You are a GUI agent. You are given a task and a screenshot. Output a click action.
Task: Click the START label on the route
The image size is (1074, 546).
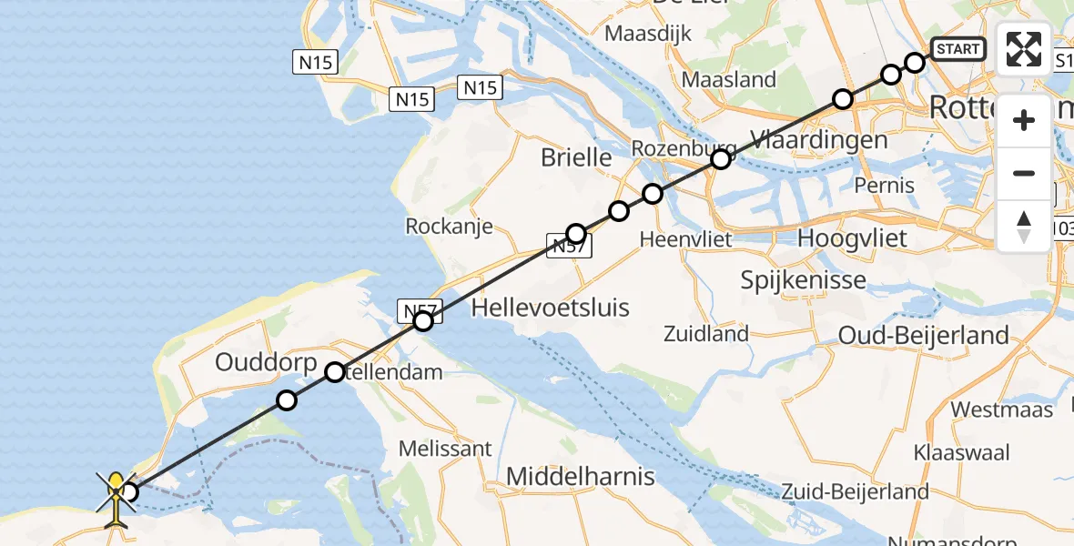pyautogui.click(x=958, y=49)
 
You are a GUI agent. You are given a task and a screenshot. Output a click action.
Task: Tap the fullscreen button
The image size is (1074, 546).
pyautogui.click(x=1024, y=49)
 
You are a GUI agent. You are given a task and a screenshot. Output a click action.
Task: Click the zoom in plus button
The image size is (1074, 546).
pyautogui.click(x=1024, y=120)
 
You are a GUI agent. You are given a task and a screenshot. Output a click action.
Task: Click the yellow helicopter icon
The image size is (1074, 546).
pyautogui.click(x=116, y=495)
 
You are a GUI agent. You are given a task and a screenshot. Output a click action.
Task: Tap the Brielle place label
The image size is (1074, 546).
pyautogui.click(x=576, y=157)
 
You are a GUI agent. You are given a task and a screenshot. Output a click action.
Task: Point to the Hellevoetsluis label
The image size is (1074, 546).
pyautogui.click(x=551, y=308)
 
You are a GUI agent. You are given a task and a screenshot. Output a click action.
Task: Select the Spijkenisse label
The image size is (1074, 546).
pyautogui.click(x=803, y=279)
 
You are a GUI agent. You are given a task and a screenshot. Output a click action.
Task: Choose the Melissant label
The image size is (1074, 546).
pyautogui.click(x=446, y=448)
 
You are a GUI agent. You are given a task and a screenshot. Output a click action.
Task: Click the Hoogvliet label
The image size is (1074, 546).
pyautogui.click(x=852, y=238)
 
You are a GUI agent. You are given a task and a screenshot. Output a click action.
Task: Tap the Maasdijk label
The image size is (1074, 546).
pyautogui.click(x=648, y=34)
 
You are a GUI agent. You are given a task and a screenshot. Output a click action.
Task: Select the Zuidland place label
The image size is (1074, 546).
pyautogui.click(x=705, y=334)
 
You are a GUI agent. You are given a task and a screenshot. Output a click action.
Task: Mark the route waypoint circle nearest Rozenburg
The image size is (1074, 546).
pyautogui.click(x=721, y=160)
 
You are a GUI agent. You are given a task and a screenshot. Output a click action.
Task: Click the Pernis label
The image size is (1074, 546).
pyautogui.click(x=885, y=186)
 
